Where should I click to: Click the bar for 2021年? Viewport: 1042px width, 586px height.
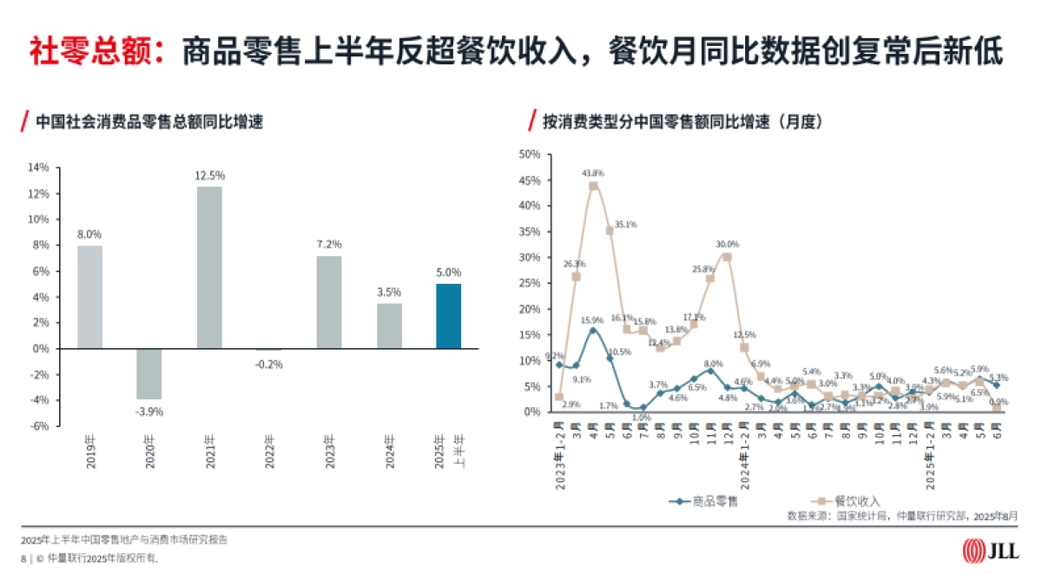[x=209, y=267]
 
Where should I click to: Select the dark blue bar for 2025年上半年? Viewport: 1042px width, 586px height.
[x=449, y=316]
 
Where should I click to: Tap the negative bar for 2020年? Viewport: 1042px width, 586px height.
[x=149, y=374]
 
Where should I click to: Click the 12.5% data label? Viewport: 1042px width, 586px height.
[x=209, y=175]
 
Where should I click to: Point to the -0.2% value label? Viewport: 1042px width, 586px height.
[x=269, y=364]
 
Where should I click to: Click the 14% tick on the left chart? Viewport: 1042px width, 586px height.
[x=39, y=168]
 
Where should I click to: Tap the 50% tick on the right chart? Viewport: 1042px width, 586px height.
[x=530, y=155]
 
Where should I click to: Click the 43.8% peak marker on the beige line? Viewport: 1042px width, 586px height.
[x=593, y=186]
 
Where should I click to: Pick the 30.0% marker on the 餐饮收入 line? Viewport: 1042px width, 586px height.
[x=727, y=257]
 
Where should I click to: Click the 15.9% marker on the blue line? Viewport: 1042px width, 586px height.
[x=593, y=330]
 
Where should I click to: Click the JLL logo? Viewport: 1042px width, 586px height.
[x=991, y=551]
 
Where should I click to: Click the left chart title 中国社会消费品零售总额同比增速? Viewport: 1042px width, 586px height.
[x=149, y=122]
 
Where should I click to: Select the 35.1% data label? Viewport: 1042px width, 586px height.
[x=625, y=224]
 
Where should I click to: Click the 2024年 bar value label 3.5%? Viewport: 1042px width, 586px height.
[x=389, y=293]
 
